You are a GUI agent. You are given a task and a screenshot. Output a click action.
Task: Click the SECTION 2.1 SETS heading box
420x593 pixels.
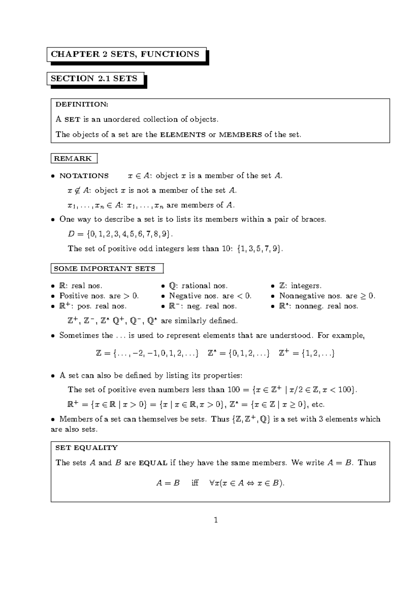click(x=94, y=79)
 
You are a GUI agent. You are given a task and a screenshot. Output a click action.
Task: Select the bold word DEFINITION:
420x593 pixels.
click(x=82, y=104)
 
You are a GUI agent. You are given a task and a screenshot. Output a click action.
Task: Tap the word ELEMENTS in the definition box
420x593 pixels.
click(x=182, y=135)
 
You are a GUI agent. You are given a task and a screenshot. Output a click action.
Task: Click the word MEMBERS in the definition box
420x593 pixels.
click(x=240, y=135)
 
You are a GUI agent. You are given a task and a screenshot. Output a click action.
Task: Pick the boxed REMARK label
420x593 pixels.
click(x=73, y=159)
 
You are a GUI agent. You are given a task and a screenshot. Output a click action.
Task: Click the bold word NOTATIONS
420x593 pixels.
click(x=84, y=176)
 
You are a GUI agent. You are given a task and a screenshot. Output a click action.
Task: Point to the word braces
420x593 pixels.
click(x=311, y=220)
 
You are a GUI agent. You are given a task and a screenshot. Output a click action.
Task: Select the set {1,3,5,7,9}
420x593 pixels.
click(x=259, y=249)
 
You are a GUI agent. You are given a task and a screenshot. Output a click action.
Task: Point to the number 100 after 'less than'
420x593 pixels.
click(x=233, y=390)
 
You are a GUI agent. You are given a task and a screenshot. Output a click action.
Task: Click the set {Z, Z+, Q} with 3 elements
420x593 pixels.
click(x=251, y=419)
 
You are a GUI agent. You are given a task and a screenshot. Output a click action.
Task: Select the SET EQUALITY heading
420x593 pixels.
click(x=86, y=448)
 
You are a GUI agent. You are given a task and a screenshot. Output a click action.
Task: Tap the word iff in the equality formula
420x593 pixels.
click(x=195, y=483)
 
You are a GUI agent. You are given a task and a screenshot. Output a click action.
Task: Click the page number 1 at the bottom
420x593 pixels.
click(x=216, y=520)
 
